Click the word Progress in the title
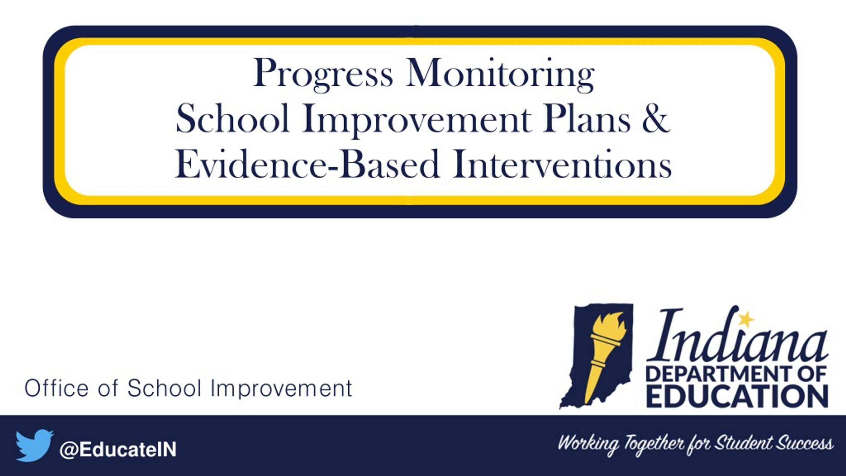click(323, 74)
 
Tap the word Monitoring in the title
click(500, 74)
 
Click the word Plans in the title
click(586, 118)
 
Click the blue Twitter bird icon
click(34, 445)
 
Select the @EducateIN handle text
click(118, 450)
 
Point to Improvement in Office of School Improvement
click(281, 389)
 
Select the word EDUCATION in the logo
click(737, 396)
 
